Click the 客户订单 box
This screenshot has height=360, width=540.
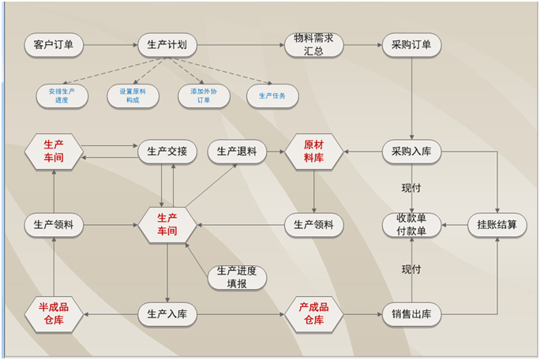(x=54, y=45)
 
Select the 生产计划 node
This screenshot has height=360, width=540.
(x=167, y=45)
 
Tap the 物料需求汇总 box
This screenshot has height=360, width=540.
(x=313, y=45)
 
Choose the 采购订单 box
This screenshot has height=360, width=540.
(x=411, y=45)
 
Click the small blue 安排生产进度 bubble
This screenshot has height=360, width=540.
(x=62, y=96)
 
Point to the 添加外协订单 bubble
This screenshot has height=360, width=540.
(x=203, y=96)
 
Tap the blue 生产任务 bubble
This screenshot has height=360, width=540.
(x=272, y=96)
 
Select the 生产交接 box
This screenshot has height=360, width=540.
(x=167, y=152)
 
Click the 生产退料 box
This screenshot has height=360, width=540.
(x=237, y=152)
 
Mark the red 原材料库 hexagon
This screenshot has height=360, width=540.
(x=313, y=152)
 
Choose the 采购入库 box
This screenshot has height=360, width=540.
(x=411, y=152)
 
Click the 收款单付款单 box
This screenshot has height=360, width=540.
(x=411, y=225)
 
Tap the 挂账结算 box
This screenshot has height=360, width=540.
(x=497, y=225)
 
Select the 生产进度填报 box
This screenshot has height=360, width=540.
(x=237, y=277)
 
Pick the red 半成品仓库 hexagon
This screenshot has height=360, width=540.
(x=54, y=314)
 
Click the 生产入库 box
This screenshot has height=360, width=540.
(x=167, y=314)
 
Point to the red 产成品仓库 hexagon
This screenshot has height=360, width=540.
(x=313, y=314)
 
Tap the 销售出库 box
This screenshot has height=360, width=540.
(x=411, y=314)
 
